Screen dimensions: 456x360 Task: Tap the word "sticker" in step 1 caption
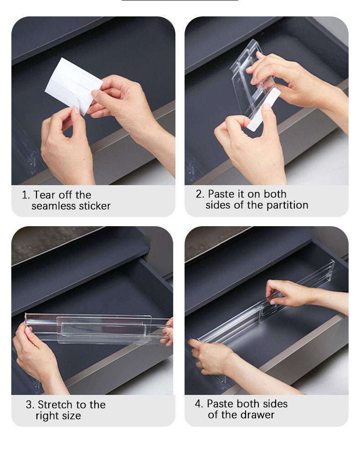(x=94, y=206)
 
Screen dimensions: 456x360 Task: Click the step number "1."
(x=26, y=195)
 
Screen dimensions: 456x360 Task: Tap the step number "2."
(x=200, y=194)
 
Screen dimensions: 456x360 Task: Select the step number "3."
(x=30, y=405)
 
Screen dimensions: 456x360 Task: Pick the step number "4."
(x=199, y=404)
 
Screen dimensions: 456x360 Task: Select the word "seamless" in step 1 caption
(x=53, y=206)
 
